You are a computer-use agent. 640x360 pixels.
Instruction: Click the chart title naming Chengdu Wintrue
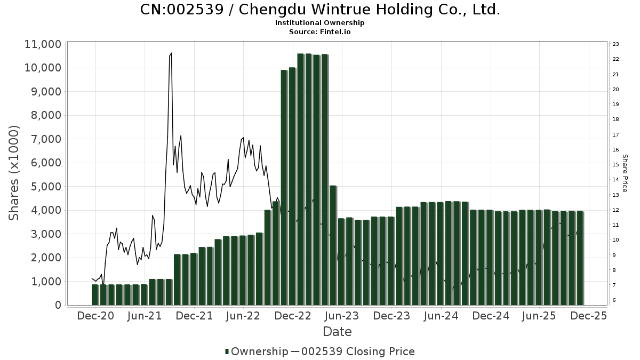click(320, 10)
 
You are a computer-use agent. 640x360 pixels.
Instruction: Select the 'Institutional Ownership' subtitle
click(320, 23)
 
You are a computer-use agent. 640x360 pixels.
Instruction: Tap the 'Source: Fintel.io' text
click(320, 31)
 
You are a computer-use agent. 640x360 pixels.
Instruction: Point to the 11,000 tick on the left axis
click(43, 44)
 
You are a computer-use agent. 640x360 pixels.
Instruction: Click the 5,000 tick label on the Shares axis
click(46, 187)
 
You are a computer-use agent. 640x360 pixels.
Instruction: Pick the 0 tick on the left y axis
click(58, 305)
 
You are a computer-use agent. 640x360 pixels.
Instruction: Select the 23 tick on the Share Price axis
click(615, 44)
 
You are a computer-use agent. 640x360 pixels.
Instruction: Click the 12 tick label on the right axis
click(615, 210)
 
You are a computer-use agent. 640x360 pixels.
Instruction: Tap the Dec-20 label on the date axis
click(95, 316)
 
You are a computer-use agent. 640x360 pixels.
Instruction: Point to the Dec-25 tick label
click(588, 316)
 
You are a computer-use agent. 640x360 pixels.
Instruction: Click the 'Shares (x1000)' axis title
click(14, 173)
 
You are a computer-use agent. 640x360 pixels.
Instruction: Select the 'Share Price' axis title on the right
click(625, 173)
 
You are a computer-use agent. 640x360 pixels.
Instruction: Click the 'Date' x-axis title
click(337, 332)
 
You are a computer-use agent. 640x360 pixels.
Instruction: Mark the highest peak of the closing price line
click(171, 53)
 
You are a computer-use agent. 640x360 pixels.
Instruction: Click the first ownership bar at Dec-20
click(95, 294)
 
